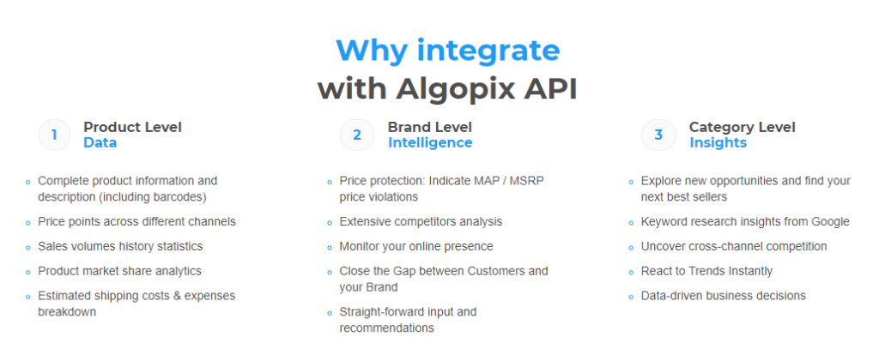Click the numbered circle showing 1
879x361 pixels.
point(54,135)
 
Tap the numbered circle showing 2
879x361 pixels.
point(356,135)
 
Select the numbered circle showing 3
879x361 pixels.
point(658,135)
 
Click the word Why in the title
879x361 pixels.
point(372,51)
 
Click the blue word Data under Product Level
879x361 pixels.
point(100,142)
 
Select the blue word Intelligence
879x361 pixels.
point(430,142)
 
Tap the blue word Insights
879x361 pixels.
point(718,142)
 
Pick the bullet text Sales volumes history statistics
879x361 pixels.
point(120,246)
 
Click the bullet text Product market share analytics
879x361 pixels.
point(119,271)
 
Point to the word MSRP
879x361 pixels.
point(527,181)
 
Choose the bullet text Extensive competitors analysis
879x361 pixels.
point(421,221)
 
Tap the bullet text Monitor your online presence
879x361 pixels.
point(416,246)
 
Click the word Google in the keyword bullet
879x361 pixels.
point(830,221)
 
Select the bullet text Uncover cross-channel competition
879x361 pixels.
point(734,246)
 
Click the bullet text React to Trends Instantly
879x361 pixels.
point(706,271)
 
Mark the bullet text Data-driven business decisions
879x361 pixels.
point(723,296)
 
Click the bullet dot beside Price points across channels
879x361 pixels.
point(28,223)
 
